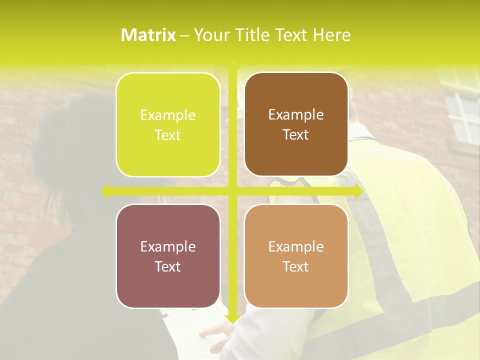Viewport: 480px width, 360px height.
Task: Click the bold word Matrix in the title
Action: pos(148,35)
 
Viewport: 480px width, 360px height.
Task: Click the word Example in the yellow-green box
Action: pos(168,115)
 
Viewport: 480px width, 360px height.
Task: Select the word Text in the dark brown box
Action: pos(296,135)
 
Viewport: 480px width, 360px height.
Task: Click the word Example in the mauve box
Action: pos(168,247)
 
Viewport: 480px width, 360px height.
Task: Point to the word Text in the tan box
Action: pos(296,266)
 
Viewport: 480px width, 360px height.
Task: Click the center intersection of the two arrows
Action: pos(232,191)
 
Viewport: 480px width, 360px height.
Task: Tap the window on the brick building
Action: pos(462,110)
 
